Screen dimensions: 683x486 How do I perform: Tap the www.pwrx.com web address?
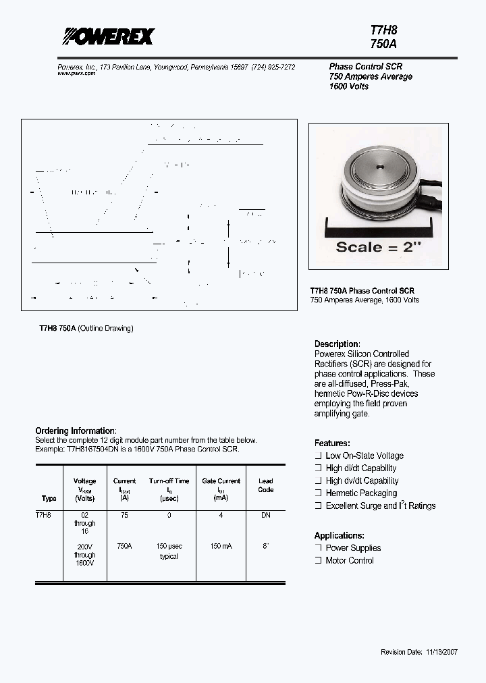pyautogui.click(x=76, y=74)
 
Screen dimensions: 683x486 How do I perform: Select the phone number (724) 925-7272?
pyautogui.click(x=273, y=67)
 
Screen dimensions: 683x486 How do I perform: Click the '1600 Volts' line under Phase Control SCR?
pyautogui.click(x=349, y=86)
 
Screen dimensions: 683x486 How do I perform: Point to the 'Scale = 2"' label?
pyautogui.click(x=378, y=246)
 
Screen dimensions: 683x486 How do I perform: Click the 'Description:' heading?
pyautogui.click(x=337, y=344)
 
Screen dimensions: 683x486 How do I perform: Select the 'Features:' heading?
pyautogui.click(x=332, y=443)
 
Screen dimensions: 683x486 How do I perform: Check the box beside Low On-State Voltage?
pyautogui.click(x=318, y=456)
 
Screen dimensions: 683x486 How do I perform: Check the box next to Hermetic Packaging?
pyautogui.click(x=318, y=493)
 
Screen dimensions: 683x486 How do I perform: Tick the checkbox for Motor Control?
pyautogui.click(x=318, y=561)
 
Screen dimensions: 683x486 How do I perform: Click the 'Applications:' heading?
pyautogui.click(x=339, y=535)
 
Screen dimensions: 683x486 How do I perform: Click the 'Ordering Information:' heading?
pyautogui.click(x=76, y=431)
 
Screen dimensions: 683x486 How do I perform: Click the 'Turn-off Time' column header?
pyautogui.click(x=169, y=481)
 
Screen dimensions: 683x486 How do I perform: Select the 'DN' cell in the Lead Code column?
pyautogui.click(x=265, y=514)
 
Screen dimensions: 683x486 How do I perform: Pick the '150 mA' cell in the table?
pyautogui.click(x=220, y=546)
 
